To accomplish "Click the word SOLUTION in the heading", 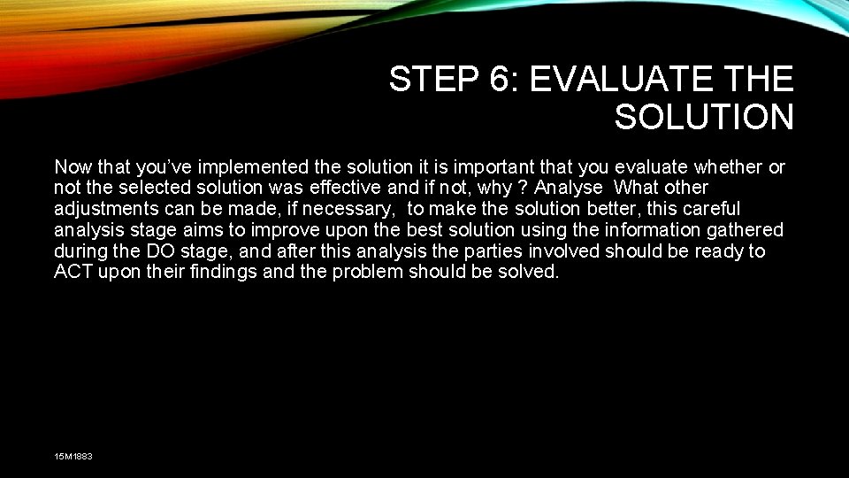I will point(704,117).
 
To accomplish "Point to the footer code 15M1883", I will point(73,456).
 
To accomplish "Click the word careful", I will point(707,210).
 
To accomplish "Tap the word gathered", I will point(746,231).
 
